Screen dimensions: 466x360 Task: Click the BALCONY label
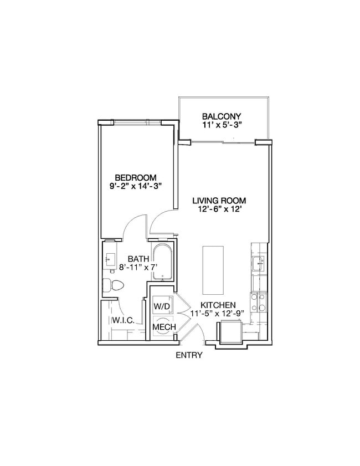(222, 116)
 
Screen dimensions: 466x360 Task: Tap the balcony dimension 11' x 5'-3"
(222, 126)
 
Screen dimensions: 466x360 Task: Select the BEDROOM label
(136, 177)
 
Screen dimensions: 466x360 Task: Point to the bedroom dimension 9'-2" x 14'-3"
(136, 187)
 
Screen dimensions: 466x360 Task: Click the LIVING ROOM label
(219, 201)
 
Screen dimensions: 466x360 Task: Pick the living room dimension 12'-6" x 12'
(219, 210)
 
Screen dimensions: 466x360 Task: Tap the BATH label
(137, 259)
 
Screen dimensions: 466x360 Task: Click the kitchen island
(212, 270)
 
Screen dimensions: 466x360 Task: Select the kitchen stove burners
(258, 302)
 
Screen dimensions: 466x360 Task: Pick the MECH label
(164, 327)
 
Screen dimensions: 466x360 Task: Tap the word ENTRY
(189, 355)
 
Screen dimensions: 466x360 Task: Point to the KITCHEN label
(218, 305)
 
